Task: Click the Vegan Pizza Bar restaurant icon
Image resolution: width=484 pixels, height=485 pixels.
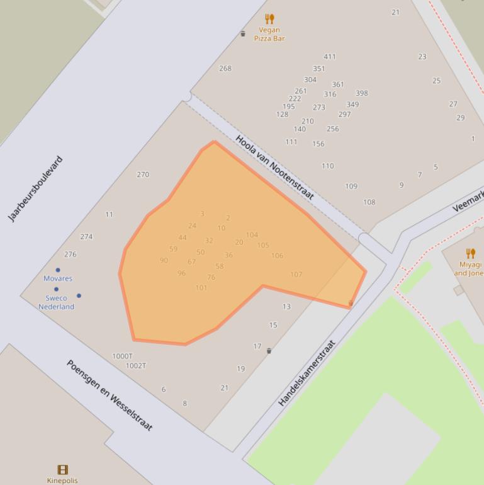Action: (x=269, y=19)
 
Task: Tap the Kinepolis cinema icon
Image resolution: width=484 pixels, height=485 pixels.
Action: (x=62, y=469)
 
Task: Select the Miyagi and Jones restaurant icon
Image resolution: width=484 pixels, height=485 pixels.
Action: (x=470, y=254)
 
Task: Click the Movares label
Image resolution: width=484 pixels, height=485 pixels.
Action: (x=58, y=278)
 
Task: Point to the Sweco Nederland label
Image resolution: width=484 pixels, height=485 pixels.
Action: (x=56, y=302)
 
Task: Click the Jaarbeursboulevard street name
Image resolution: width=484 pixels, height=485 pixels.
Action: (x=36, y=189)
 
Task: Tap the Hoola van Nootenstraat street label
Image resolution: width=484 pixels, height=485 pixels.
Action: (x=274, y=168)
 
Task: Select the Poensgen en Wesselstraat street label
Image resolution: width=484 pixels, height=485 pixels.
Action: (x=110, y=396)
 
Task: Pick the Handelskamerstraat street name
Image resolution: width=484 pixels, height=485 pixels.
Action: (x=307, y=373)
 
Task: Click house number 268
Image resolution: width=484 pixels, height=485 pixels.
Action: (x=225, y=69)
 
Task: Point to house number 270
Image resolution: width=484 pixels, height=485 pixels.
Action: (x=143, y=174)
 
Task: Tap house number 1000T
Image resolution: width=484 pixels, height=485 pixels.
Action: (x=122, y=357)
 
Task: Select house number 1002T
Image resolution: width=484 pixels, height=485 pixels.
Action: (x=136, y=366)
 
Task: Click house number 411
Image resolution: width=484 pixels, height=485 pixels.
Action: (x=329, y=57)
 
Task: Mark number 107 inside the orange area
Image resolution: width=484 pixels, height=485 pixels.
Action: (x=296, y=275)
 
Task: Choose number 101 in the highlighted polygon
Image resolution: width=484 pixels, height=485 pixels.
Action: (x=201, y=288)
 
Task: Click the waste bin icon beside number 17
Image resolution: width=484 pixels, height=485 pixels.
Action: (x=269, y=351)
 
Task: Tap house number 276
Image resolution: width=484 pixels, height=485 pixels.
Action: (x=70, y=254)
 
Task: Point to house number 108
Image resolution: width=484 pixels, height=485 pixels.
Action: (x=369, y=202)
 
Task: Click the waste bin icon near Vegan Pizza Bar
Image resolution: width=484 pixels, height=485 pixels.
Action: (x=243, y=33)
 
